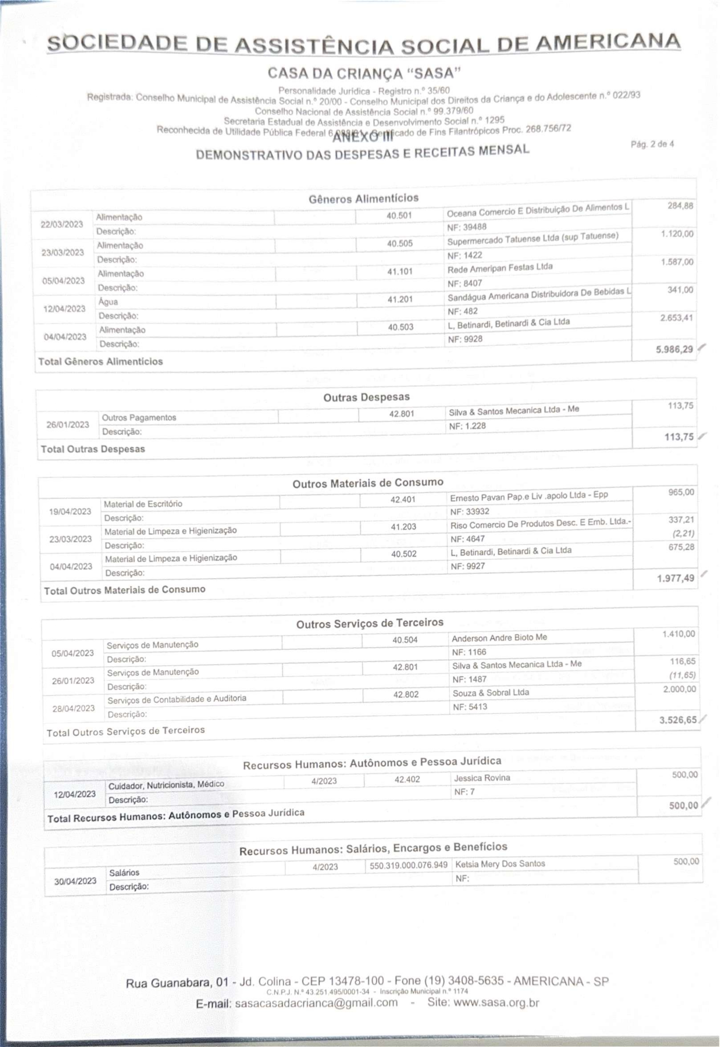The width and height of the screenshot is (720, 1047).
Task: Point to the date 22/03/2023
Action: click(62, 224)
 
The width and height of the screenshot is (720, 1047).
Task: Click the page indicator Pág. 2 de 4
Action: click(652, 144)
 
